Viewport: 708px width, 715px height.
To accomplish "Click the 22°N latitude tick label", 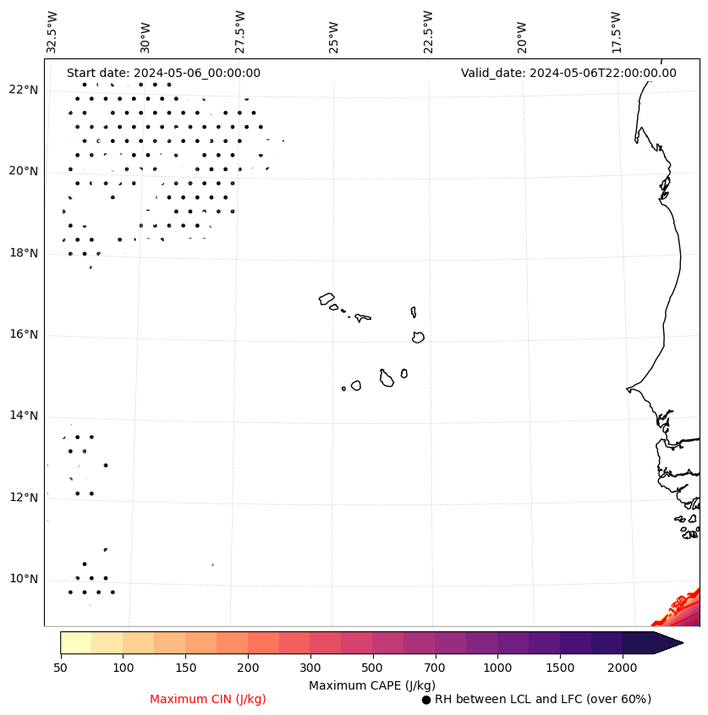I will pyautogui.click(x=23, y=91).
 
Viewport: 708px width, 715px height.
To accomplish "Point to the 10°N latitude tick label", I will pyautogui.click(x=23, y=580).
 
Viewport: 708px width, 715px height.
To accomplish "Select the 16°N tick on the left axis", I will pyautogui.click(x=23, y=335).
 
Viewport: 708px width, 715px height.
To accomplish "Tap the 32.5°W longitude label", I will pyautogui.click(x=52, y=32).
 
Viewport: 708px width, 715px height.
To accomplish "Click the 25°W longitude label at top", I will pyautogui.click(x=334, y=36).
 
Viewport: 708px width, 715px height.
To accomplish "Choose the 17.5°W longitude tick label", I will pyautogui.click(x=616, y=32).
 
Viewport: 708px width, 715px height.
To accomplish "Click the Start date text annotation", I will pyautogui.click(x=163, y=74).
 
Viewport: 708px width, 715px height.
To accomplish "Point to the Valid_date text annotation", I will pyautogui.click(x=568, y=74).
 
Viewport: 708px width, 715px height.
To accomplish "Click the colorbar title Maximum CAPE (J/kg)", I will pyautogui.click(x=371, y=685).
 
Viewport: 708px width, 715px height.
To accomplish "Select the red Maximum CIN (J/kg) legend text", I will pyautogui.click(x=208, y=700).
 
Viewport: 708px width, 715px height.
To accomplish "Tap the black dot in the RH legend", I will pyautogui.click(x=426, y=700).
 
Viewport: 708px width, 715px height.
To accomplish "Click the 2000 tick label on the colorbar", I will pyautogui.click(x=623, y=668).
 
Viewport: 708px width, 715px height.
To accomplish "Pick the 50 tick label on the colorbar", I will pyautogui.click(x=60, y=668).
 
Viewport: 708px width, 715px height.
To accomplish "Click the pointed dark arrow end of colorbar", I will pyautogui.click(x=670, y=642).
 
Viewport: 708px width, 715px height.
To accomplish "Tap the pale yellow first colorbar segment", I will pyautogui.click(x=76, y=642).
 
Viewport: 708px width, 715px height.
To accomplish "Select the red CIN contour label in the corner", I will pyautogui.click(x=678, y=606).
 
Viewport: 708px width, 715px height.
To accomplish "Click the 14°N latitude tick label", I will pyautogui.click(x=23, y=416).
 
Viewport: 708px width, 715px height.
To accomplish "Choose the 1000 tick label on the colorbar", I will pyautogui.click(x=497, y=668).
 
